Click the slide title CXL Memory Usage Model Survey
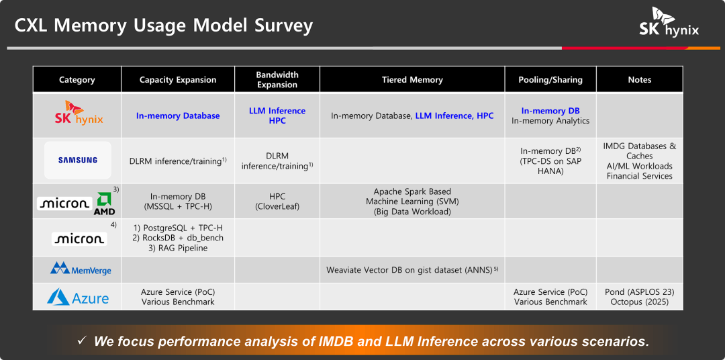click(164, 26)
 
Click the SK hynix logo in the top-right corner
click(669, 22)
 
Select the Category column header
click(77, 80)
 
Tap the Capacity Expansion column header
click(178, 80)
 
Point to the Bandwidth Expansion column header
click(277, 80)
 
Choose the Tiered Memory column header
click(412, 80)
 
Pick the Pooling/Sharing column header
click(550, 80)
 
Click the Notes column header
click(639, 80)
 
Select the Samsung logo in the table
click(78, 160)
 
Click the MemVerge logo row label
click(81, 270)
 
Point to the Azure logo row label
click(78, 298)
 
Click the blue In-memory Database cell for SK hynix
click(178, 116)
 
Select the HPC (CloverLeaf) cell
click(277, 201)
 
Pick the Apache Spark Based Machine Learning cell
click(412, 201)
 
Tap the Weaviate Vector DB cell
click(412, 270)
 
